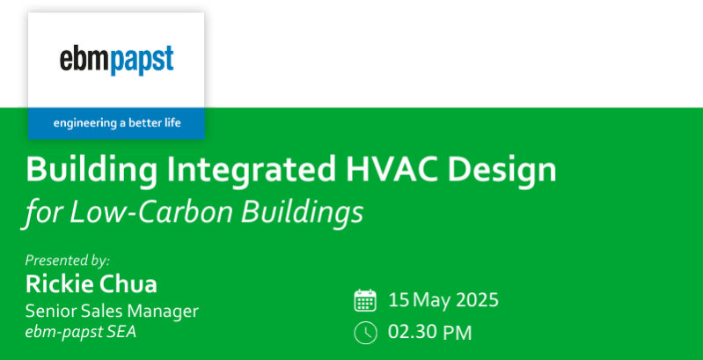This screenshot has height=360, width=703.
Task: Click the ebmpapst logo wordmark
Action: (116, 61)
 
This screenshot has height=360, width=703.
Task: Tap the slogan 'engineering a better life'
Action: (117, 123)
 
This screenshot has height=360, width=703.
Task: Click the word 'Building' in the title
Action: (92, 171)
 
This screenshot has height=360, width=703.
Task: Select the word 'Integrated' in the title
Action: (251, 171)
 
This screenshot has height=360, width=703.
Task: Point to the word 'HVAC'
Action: (391, 169)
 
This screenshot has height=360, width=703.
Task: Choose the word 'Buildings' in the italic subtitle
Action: (302, 212)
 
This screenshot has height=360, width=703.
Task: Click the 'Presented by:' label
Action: (67, 261)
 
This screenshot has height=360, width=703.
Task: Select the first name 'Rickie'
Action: (57, 283)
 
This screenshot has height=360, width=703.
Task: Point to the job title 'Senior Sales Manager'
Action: (112, 311)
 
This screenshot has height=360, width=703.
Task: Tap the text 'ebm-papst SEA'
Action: (81, 332)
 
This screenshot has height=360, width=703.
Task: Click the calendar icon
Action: (365, 300)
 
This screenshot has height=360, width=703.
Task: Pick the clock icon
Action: (365, 333)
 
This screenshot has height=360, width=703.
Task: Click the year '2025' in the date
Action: (477, 300)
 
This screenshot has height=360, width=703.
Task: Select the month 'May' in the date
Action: (431, 301)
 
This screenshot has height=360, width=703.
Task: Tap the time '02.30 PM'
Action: (430, 333)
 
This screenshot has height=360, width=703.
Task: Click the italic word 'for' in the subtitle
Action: (42, 212)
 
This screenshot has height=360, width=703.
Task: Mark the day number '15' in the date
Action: (399, 300)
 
